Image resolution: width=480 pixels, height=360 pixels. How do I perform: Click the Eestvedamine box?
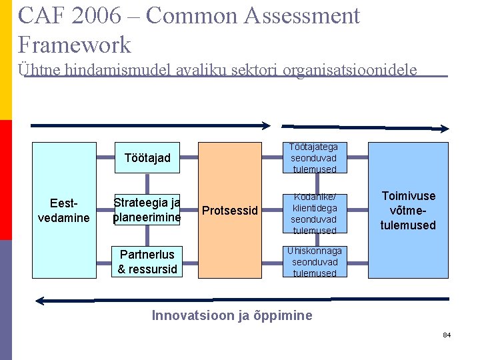(64, 209)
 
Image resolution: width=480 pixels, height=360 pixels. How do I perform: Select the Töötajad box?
(147, 158)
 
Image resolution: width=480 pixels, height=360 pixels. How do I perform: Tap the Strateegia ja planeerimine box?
(147, 209)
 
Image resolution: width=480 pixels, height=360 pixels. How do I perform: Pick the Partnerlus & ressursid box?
(147, 261)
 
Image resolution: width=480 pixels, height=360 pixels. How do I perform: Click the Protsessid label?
(229, 211)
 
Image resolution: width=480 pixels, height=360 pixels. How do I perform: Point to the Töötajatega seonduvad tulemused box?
(313, 158)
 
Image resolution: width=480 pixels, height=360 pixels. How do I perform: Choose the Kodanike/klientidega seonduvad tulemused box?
(313, 213)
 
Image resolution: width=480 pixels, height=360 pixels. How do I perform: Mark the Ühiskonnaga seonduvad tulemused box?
(313, 261)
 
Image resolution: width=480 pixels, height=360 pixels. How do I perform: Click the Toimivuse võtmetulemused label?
(408, 211)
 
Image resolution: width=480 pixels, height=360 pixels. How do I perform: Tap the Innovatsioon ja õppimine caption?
(232, 315)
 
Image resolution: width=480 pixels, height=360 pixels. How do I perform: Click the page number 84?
(447, 334)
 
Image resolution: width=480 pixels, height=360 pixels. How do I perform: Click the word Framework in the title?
(75, 45)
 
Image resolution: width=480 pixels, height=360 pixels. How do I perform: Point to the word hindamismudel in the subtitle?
(107, 69)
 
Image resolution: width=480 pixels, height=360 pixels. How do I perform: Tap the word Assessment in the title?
(303, 15)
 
